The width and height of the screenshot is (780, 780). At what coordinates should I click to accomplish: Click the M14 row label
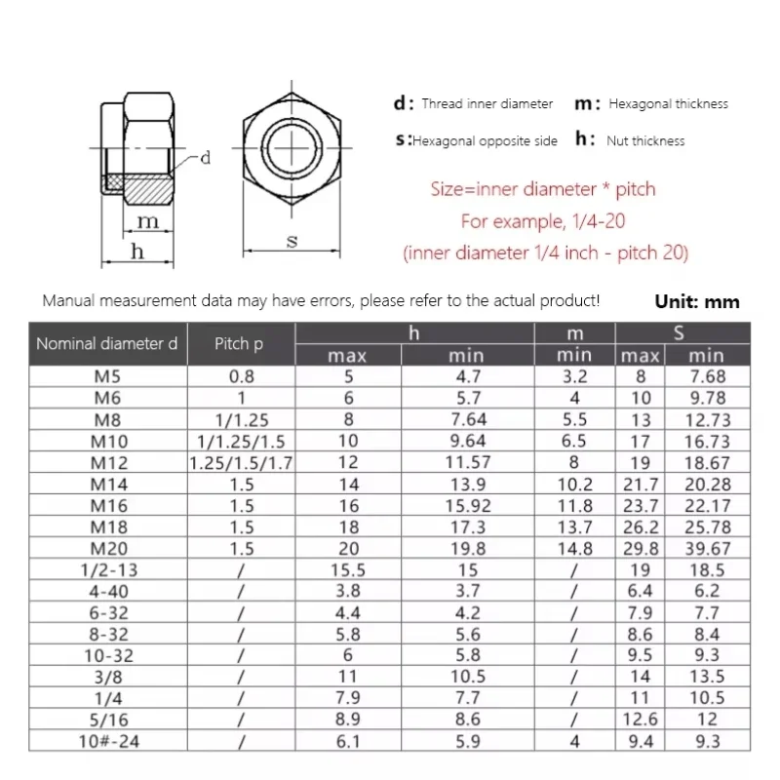[x=108, y=485]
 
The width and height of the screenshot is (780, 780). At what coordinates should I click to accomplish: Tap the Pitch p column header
[x=239, y=344]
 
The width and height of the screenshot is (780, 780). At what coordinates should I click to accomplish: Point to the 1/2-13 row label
[x=108, y=570]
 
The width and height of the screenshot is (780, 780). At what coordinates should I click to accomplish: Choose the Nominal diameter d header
[x=107, y=344]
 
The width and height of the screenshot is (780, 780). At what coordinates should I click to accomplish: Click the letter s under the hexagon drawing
[x=292, y=241]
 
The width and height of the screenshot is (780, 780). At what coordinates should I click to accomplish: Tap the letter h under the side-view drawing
[x=137, y=252]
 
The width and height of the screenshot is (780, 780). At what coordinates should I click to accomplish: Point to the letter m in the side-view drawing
[x=146, y=221]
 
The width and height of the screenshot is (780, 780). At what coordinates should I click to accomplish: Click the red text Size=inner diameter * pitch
[x=543, y=189]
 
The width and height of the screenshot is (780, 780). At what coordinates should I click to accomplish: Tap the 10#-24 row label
[x=108, y=742]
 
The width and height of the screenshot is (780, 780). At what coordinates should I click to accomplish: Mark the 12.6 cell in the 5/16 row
[x=641, y=720]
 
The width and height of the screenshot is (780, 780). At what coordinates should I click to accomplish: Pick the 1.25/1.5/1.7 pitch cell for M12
[x=241, y=463]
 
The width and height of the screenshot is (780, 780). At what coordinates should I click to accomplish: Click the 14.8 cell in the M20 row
[x=574, y=549]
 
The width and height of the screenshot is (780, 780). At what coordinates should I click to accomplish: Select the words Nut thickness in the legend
[x=645, y=141]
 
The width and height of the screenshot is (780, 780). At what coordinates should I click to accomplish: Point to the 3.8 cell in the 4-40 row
[x=347, y=591]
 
